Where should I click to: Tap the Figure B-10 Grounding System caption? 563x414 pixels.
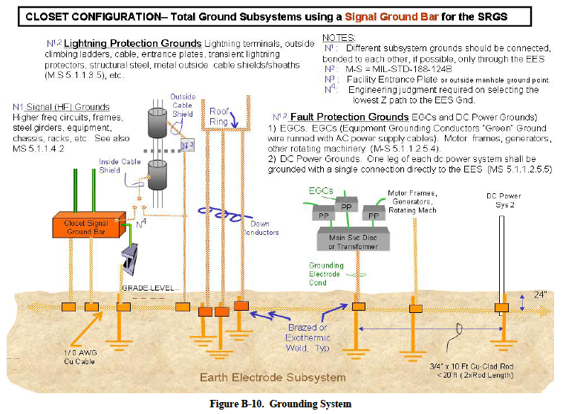[281, 404]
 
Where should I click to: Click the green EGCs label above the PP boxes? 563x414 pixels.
[322, 192]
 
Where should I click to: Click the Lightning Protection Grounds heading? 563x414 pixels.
[132, 44]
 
